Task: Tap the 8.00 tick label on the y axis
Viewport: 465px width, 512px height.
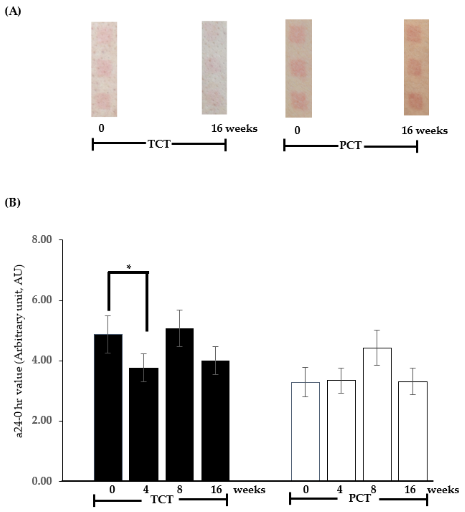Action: click(42, 240)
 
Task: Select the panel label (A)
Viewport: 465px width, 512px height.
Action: click(13, 12)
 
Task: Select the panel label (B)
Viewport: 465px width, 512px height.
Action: click(13, 203)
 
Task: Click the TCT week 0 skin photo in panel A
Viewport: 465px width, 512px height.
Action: click(104, 69)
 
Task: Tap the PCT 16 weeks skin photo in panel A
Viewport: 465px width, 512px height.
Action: click(416, 67)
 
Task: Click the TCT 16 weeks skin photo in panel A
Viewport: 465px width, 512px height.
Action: click(214, 68)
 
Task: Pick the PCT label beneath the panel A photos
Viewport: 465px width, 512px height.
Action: click(350, 146)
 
